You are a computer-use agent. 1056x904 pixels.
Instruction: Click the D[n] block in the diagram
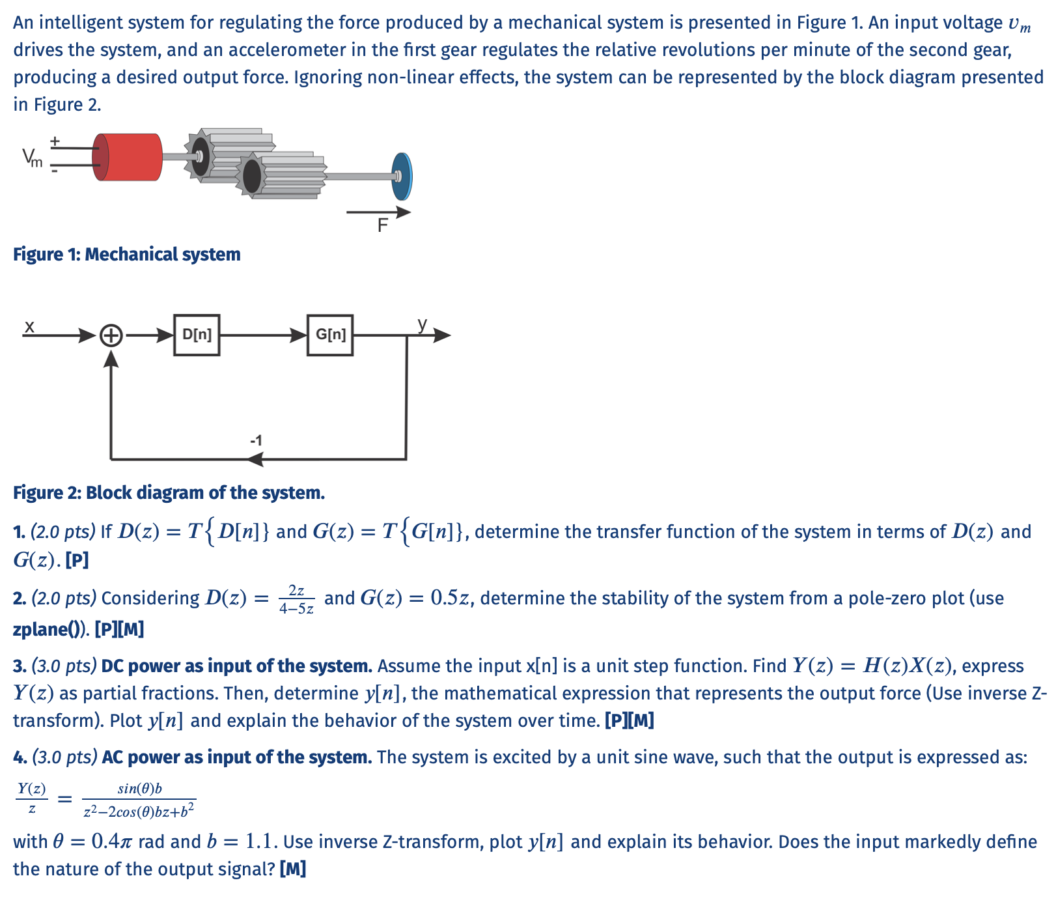[197, 335]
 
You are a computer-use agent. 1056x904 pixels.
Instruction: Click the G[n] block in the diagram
[330, 335]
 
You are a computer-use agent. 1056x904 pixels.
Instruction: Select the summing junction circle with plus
[111, 336]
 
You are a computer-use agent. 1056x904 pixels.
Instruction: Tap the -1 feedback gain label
[256, 441]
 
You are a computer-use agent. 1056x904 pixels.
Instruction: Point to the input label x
[29, 326]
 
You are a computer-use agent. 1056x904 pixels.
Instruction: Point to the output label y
[423, 324]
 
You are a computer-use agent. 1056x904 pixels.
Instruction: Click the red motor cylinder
[128, 157]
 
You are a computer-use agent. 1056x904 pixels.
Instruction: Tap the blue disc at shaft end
[402, 177]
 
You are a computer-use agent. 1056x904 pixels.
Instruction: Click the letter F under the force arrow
[383, 226]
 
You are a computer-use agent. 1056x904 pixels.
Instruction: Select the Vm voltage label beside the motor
[32, 157]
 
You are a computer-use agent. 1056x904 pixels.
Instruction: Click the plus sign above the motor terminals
[55, 141]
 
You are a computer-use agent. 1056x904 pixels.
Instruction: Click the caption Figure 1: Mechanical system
[127, 255]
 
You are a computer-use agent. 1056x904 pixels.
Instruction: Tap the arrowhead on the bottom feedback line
[255, 459]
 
